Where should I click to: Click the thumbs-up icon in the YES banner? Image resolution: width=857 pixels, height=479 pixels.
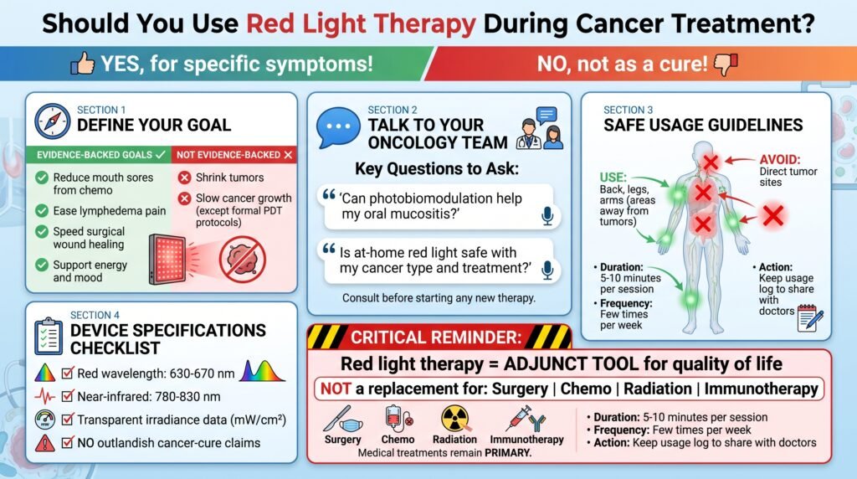[83, 64]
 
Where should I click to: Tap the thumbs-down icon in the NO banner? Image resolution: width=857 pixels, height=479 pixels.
[726, 64]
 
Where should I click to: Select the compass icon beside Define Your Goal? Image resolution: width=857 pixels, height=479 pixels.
[53, 121]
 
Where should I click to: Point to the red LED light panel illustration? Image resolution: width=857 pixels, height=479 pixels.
[167, 260]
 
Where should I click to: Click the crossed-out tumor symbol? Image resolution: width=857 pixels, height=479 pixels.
[243, 260]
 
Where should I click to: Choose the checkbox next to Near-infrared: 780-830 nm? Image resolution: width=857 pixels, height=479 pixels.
[68, 396]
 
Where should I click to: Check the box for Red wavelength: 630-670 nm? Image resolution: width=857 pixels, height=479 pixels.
[68, 373]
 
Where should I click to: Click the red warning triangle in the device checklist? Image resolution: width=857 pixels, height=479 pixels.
[45, 442]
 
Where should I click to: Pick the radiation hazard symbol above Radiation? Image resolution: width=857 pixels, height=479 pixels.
[454, 419]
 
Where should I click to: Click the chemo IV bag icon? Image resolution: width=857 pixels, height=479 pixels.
[398, 419]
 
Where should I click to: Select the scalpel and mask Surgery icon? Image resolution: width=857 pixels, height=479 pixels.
[342, 419]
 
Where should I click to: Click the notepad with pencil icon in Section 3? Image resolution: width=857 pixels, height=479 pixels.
[810, 318]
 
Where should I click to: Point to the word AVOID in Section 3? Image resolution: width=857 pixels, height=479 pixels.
[779, 160]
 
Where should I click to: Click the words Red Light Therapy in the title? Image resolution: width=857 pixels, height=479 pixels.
[361, 23]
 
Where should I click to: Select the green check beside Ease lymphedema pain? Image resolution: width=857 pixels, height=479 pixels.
[42, 210]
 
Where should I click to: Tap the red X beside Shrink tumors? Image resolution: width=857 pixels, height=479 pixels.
[185, 178]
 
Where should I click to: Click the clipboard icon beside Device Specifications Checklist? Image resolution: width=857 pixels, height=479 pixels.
[48, 336]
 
